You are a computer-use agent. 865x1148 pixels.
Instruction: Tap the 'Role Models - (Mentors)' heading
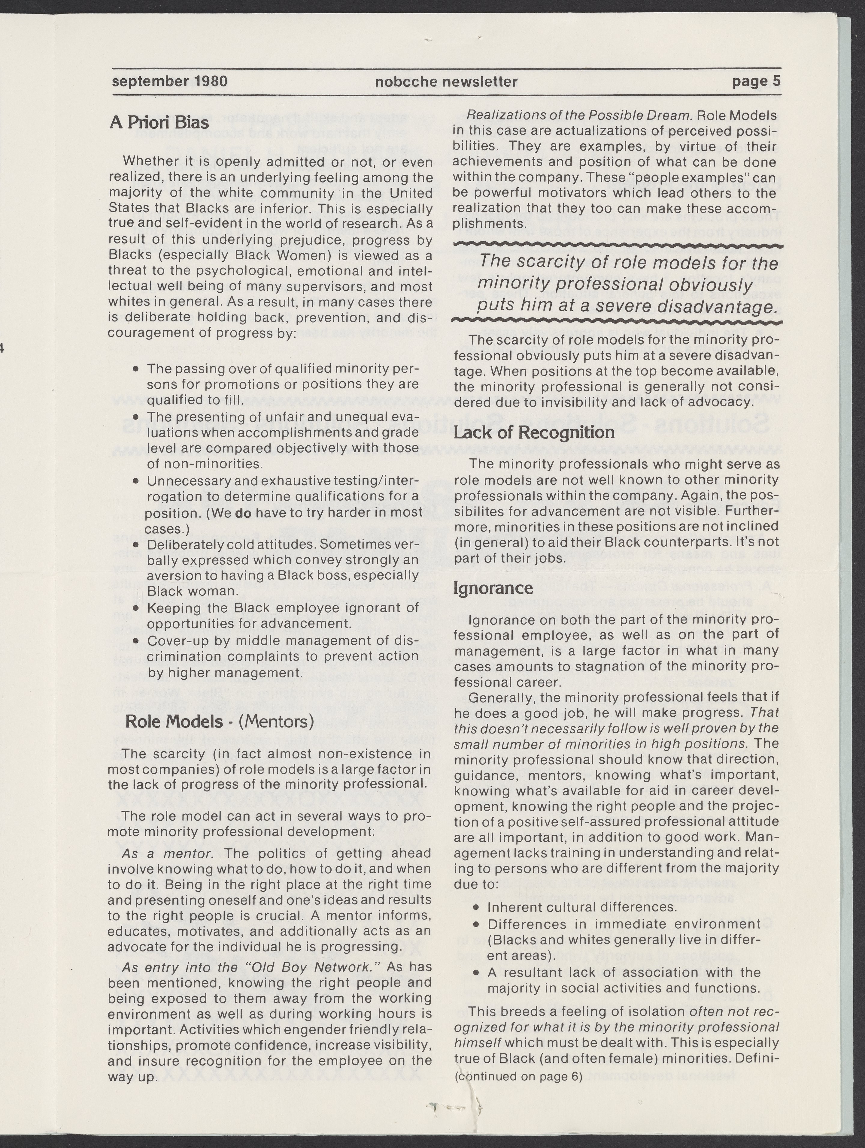220,722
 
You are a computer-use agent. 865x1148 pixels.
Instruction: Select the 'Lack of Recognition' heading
534,432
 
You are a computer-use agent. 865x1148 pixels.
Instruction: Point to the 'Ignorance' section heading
493,588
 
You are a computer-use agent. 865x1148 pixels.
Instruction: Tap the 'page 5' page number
756,81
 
